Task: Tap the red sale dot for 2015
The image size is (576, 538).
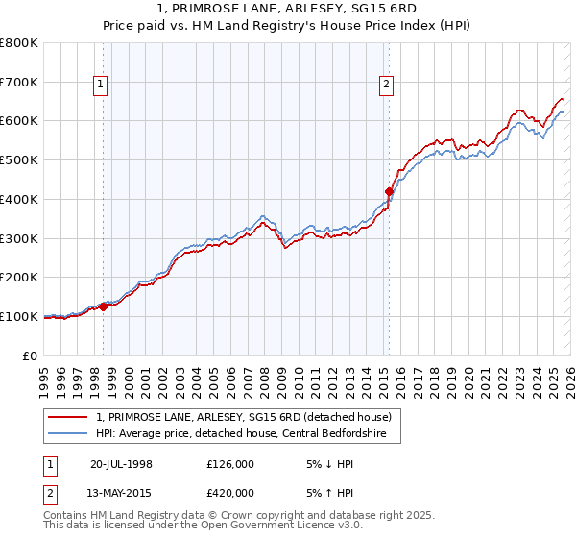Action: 389,191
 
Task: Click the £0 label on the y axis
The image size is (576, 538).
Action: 32,355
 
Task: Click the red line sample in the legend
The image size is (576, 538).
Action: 69,418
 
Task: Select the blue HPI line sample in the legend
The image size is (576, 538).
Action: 69,434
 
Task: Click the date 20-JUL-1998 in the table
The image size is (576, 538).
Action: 121,463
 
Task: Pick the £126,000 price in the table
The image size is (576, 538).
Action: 230,463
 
